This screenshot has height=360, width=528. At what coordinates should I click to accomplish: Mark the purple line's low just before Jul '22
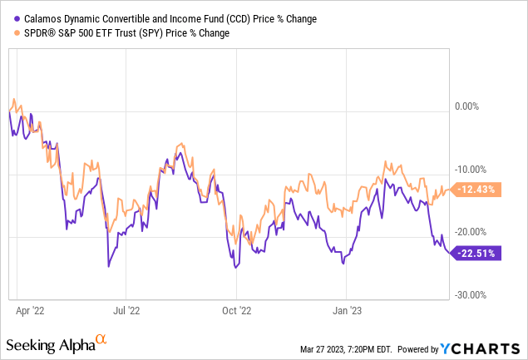(x=109, y=266)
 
